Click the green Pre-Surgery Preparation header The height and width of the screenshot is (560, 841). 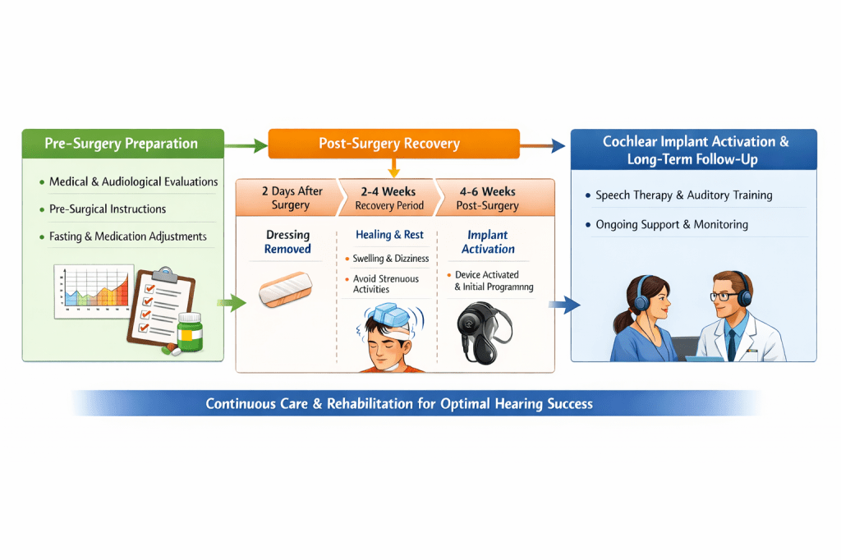pyautogui.click(x=122, y=144)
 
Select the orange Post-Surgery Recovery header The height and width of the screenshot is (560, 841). pyautogui.click(x=393, y=144)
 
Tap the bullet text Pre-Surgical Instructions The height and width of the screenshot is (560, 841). pyautogui.click(x=107, y=209)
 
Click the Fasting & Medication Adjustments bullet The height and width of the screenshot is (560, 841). pyautogui.click(x=127, y=236)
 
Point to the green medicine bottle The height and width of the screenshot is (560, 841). pyautogui.click(x=189, y=332)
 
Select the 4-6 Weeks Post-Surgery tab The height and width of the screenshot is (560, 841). pyautogui.click(x=487, y=198)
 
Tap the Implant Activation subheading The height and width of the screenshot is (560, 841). pyautogui.click(x=488, y=241)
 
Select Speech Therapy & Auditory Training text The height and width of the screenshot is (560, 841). pyautogui.click(x=683, y=196)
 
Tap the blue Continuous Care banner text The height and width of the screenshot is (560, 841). pyautogui.click(x=399, y=404)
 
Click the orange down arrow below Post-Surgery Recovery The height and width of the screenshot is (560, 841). pyautogui.click(x=393, y=168)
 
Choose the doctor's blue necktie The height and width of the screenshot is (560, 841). pyautogui.click(x=730, y=345)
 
